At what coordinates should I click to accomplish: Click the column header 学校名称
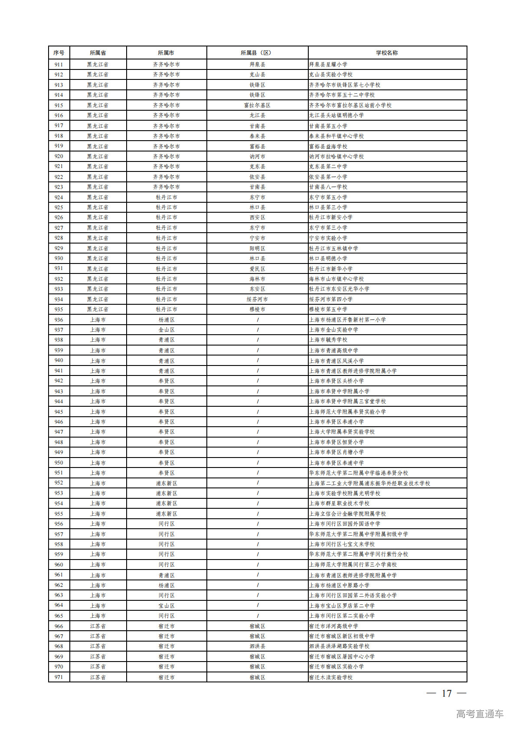387,53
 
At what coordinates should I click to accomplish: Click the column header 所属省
98,53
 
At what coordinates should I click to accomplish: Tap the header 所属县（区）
257,53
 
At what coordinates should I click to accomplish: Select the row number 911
59,64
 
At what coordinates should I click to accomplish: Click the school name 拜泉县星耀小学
328,64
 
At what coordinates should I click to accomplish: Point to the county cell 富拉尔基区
257,105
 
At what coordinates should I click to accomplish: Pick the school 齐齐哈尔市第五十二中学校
342,95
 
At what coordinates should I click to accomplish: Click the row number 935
59,310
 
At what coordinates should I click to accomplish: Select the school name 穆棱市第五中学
328,310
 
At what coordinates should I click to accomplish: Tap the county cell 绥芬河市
257,299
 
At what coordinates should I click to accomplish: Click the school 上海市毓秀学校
328,340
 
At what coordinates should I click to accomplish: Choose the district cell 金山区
167,330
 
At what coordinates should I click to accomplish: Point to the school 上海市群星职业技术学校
339,504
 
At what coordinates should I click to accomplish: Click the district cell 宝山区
167,606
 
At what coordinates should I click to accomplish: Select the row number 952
59,483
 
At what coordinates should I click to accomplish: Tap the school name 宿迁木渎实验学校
331,677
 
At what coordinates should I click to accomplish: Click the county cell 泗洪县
257,646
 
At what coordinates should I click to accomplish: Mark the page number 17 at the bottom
447,694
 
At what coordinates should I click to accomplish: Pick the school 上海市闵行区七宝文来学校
342,544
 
